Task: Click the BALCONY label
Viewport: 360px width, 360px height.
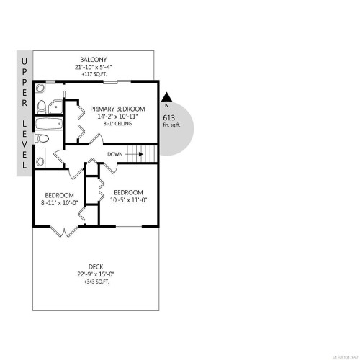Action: point(94,59)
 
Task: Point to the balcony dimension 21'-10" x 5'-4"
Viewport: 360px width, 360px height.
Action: point(94,67)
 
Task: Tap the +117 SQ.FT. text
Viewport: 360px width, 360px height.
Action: point(94,74)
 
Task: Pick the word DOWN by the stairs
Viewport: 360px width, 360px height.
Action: point(114,153)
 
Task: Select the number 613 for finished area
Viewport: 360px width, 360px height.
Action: point(170,117)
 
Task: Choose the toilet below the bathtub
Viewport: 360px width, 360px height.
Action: point(41,156)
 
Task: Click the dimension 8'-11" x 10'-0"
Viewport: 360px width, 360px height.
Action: point(59,203)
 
